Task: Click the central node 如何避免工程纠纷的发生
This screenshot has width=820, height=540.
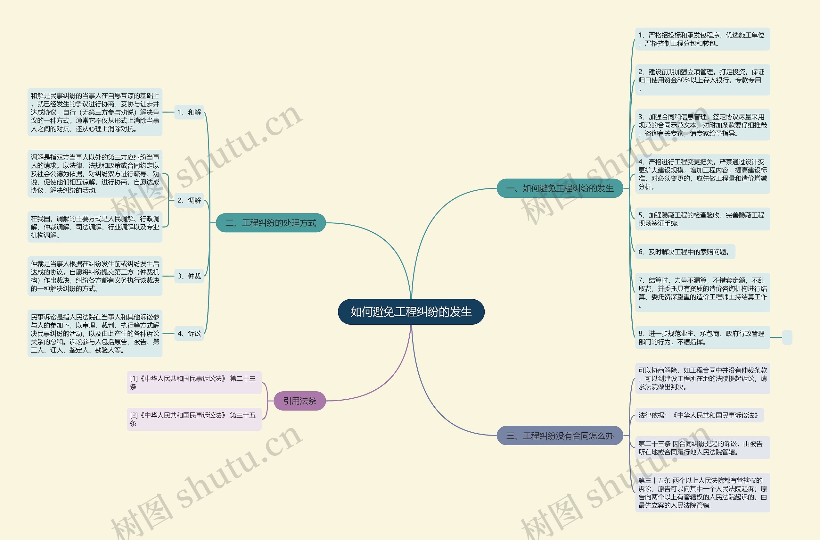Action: point(411,312)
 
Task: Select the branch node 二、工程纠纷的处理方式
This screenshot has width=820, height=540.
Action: point(270,223)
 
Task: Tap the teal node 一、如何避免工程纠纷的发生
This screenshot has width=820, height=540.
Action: point(560,188)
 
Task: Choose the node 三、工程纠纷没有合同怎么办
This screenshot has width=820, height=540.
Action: point(560,436)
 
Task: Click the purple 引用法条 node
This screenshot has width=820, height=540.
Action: point(299,401)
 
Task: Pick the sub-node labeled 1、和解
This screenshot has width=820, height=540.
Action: point(189,112)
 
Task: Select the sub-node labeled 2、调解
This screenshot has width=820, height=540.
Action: point(189,200)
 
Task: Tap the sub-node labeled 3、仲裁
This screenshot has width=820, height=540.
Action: point(189,276)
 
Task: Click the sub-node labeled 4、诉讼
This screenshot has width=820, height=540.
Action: point(189,334)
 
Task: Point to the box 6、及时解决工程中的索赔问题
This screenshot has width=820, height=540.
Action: point(685,252)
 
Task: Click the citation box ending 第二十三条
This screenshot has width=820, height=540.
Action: point(194,383)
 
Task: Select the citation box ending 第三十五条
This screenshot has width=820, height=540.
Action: point(194,420)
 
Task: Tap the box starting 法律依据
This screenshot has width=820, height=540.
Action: point(699,415)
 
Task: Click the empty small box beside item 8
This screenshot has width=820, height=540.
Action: point(787,337)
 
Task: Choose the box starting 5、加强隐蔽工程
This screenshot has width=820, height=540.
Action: point(702,219)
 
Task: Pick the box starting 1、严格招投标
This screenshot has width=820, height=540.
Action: point(702,39)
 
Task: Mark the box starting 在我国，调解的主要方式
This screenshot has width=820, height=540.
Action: point(95,227)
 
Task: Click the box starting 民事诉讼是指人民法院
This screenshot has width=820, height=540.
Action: point(95,334)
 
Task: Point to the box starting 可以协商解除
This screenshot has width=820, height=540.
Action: point(702,378)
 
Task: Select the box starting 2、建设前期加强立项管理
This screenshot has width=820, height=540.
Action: point(702,80)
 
